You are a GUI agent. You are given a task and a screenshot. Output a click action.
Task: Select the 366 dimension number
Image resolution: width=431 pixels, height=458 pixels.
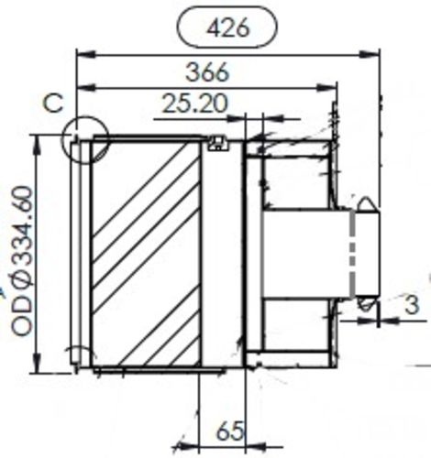pyautogui.click(x=207, y=72)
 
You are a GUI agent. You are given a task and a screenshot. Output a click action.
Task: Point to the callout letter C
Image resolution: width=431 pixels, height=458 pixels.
pyautogui.click(x=54, y=103)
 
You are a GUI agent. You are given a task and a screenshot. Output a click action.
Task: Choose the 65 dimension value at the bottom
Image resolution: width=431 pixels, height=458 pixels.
pyautogui.click(x=231, y=429)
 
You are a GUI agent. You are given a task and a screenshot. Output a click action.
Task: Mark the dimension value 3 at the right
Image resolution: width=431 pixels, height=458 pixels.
pyautogui.click(x=412, y=306)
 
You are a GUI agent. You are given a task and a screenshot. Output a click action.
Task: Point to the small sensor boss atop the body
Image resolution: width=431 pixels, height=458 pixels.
pyautogui.click(x=216, y=141)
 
